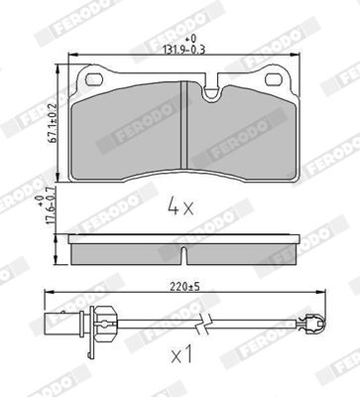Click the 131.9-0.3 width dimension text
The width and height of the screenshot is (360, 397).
coord(184,50)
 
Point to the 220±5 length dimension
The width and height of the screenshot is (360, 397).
coord(185,287)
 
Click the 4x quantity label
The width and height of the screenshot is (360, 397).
coord(180,206)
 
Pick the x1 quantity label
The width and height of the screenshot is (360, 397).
coord(181,356)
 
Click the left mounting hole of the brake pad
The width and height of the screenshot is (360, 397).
coord(94,79)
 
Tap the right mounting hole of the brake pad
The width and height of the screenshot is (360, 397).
coord(274,79)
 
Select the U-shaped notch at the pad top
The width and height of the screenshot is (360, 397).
coord(211,90)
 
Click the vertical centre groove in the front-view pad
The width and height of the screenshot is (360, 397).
coord(184,126)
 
